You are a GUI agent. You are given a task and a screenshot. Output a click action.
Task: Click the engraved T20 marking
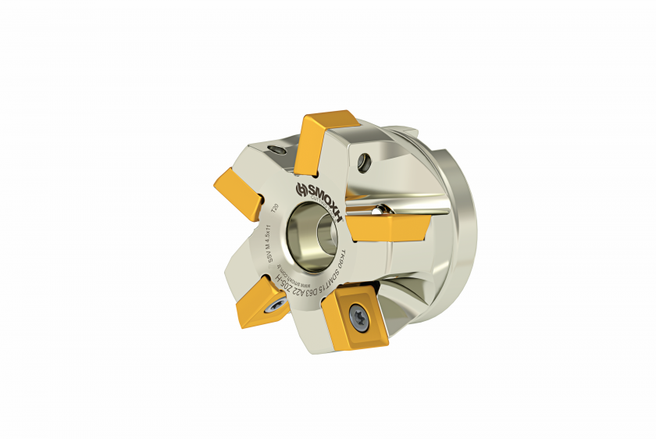pyautogui.click(x=274, y=209)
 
